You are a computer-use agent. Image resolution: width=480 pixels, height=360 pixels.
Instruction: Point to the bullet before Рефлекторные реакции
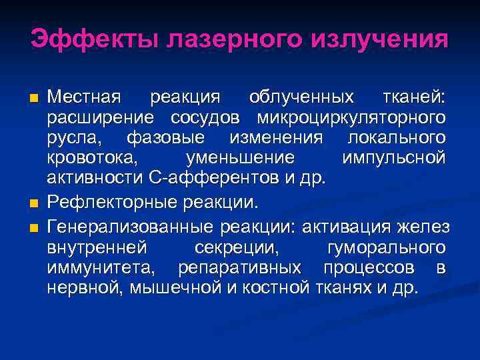(34, 203)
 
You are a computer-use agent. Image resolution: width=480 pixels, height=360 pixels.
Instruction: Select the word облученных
(301, 97)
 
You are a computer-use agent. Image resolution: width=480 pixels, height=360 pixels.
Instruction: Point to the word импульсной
(393, 159)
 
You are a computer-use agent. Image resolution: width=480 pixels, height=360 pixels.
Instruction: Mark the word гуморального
(387, 247)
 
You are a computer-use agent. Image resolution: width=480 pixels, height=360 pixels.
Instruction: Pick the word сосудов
(212, 118)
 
